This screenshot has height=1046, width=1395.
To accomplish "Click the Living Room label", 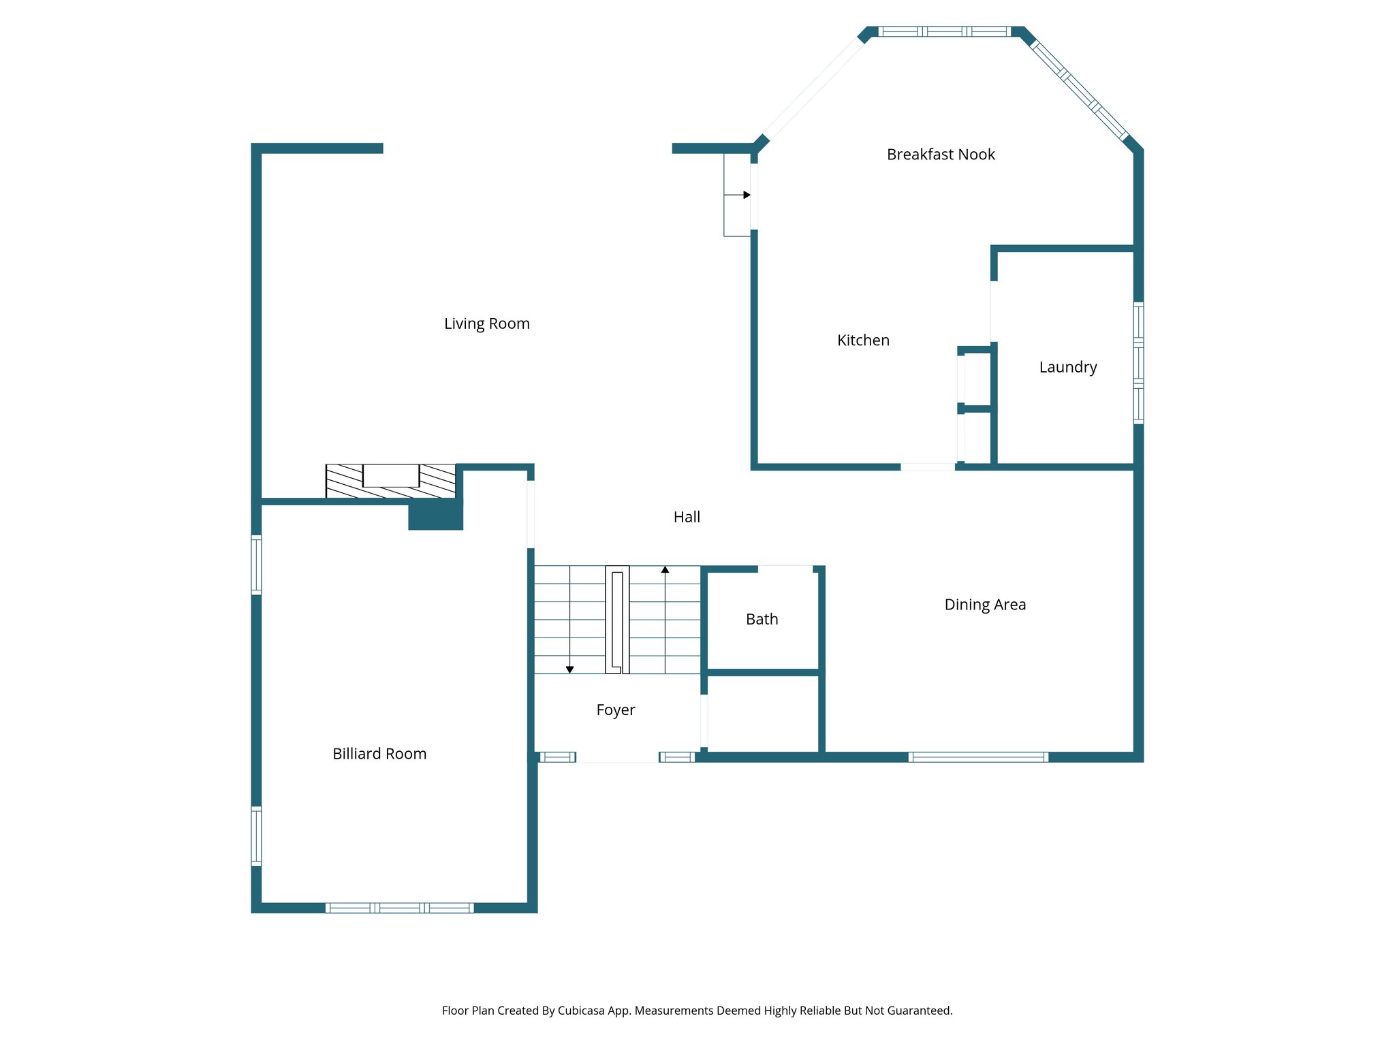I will [x=486, y=323].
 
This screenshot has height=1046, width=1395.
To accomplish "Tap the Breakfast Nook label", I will [x=941, y=155].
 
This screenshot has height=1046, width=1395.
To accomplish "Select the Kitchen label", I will [x=863, y=340].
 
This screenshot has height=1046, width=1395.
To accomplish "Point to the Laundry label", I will [x=1067, y=368].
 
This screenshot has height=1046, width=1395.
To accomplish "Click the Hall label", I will [x=687, y=517].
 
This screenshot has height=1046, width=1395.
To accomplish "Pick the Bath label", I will [x=762, y=619].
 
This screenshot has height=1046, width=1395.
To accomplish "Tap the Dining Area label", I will [x=985, y=605].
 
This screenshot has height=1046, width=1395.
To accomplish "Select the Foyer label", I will [x=615, y=710].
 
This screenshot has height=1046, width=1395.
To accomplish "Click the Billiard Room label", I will [x=379, y=754].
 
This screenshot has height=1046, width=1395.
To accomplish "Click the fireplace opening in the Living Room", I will [x=391, y=475].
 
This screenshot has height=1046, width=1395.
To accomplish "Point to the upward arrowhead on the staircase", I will [x=665, y=569].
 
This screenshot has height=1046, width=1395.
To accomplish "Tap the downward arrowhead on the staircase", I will [x=569, y=670].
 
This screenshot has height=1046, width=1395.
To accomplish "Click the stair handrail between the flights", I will [x=617, y=620].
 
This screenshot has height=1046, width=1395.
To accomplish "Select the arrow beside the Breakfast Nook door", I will [x=746, y=195].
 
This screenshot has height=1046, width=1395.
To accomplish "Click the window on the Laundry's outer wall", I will [x=1138, y=363].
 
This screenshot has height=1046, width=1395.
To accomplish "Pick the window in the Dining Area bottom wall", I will [x=978, y=757].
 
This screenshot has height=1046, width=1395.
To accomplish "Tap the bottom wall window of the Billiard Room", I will [x=399, y=908].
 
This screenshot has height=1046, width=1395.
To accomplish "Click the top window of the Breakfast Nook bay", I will [x=944, y=31].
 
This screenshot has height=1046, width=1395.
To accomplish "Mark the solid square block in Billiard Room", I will [x=435, y=515].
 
